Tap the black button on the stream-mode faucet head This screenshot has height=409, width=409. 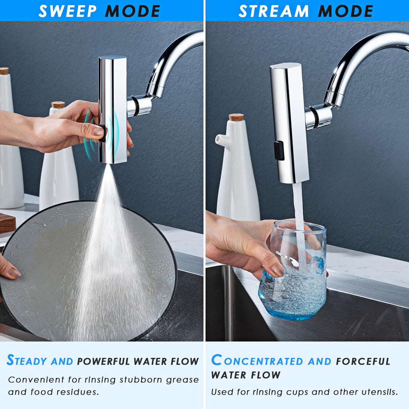279,150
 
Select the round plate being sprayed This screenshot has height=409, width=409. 88,272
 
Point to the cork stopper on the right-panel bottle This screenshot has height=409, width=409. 236,117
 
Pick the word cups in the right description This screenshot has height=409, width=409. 295,392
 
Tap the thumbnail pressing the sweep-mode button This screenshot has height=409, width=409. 98,131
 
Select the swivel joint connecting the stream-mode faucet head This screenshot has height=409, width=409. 318,117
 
